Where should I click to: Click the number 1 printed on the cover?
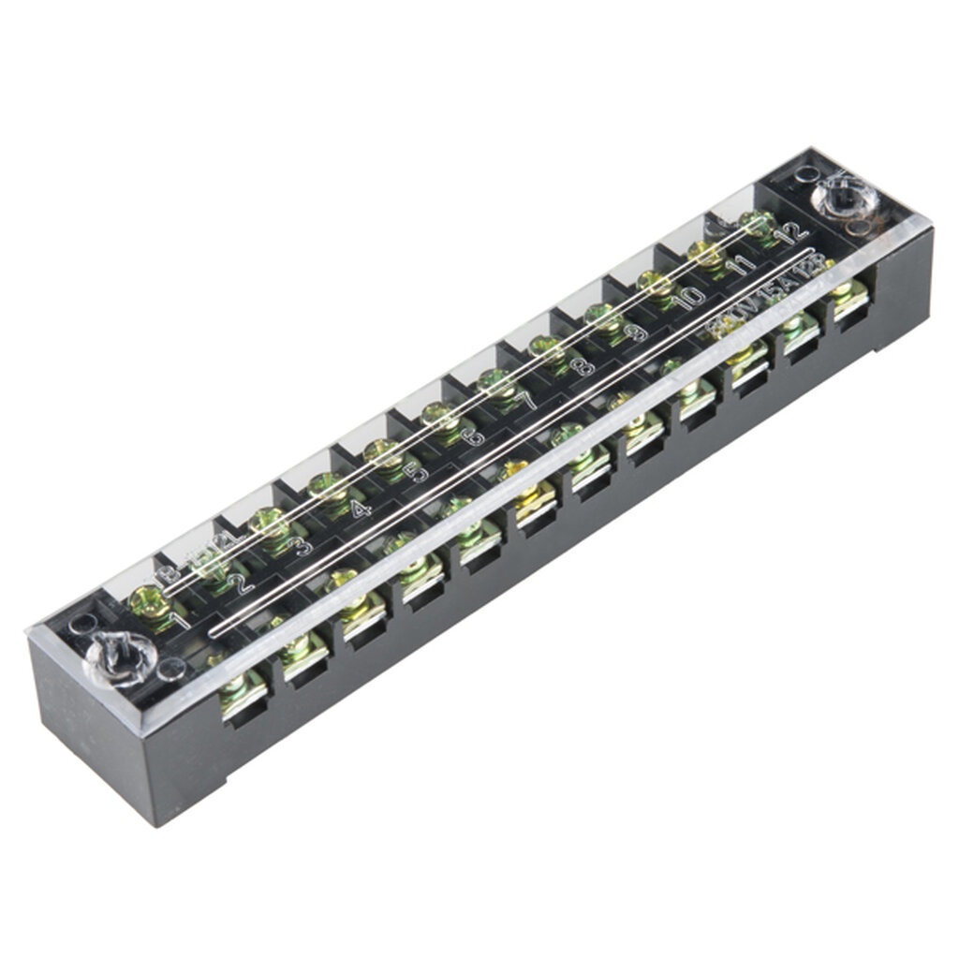point(181,619)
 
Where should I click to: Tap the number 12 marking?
point(794,230)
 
